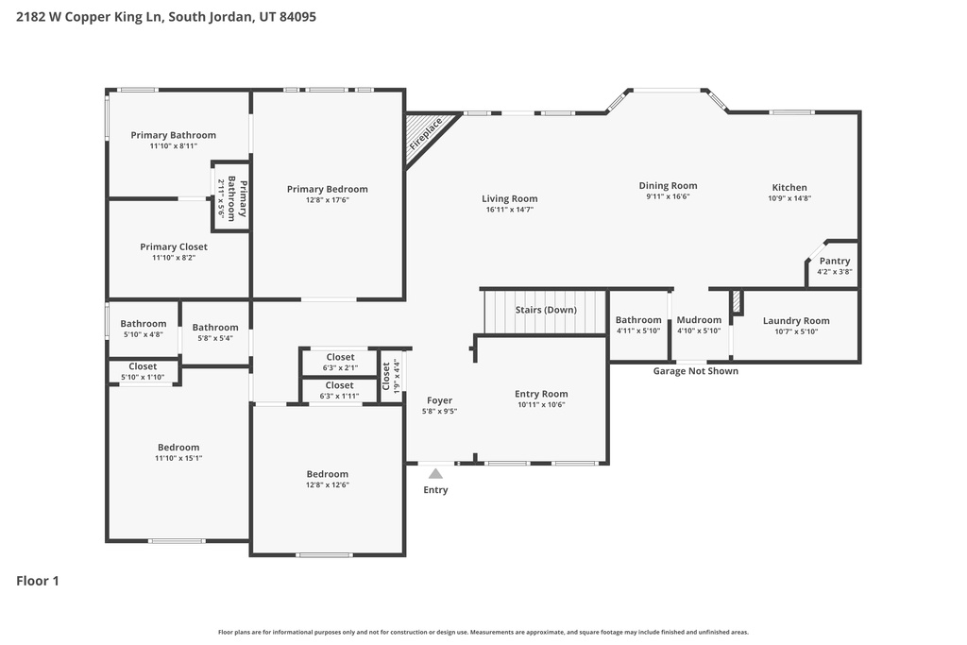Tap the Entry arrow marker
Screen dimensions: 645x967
(435, 473)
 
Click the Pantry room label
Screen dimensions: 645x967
(834, 261)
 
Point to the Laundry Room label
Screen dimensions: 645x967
(796, 321)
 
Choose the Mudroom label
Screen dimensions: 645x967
(699, 320)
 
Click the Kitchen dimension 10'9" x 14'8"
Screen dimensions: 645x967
(789, 198)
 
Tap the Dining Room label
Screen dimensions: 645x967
(668, 186)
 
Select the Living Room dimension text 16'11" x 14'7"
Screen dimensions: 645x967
(509, 210)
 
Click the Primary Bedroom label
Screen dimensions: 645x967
(328, 189)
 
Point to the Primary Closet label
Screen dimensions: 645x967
(174, 246)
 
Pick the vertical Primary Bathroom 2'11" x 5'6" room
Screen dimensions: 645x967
(230, 197)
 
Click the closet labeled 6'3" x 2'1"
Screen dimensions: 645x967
(340, 362)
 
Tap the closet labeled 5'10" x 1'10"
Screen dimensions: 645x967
(143, 371)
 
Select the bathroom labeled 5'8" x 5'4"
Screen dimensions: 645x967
(215, 332)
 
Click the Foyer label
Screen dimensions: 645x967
(439, 400)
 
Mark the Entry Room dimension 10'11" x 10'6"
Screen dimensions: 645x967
(541, 405)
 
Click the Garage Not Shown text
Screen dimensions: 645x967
(696, 371)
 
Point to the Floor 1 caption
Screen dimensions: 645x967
(38, 581)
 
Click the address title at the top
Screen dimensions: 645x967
(166, 16)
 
